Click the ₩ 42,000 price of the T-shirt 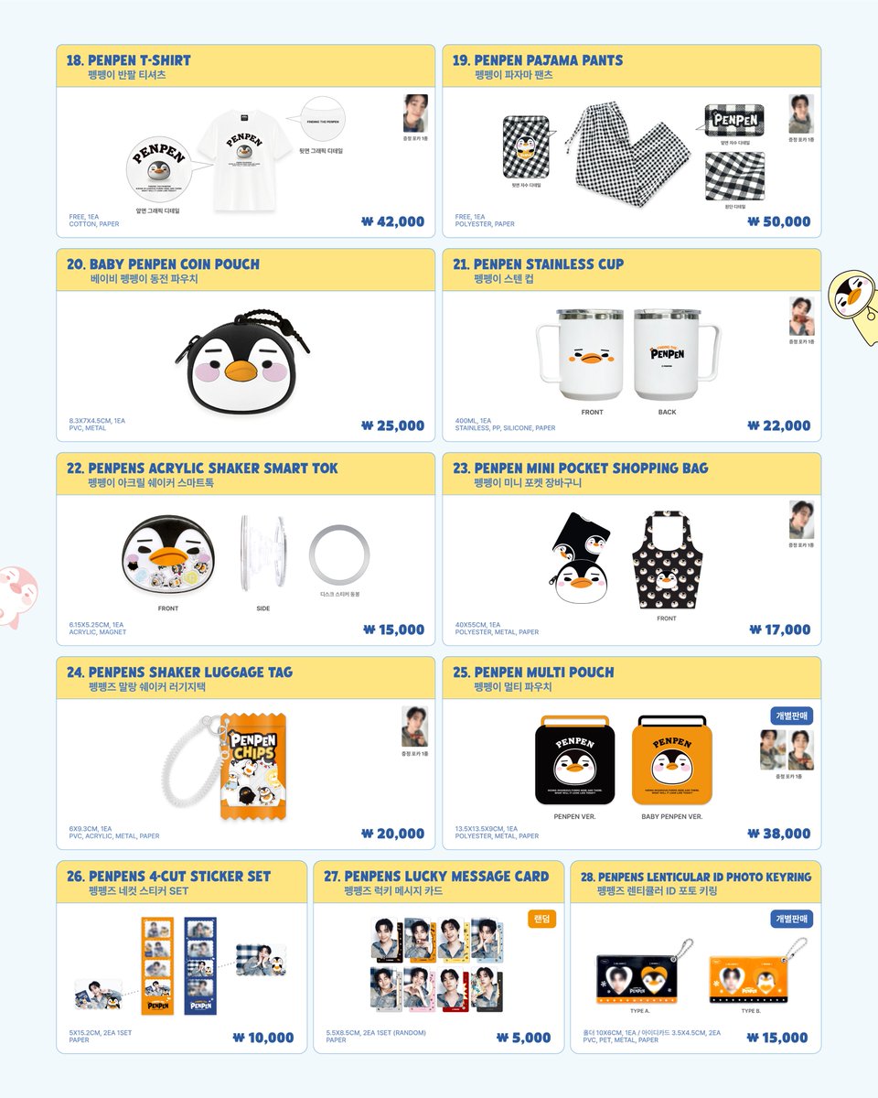coord(393,221)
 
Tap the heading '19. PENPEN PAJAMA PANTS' coord(538,60)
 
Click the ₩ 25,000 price coord(393,425)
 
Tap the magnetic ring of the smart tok coord(339,555)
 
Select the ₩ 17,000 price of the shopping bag coord(779,630)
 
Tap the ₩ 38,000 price coord(779,834)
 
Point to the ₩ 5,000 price coord(524,1038)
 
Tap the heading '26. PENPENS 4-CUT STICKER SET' coord(169,877)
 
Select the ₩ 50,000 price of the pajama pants coord(779,221)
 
